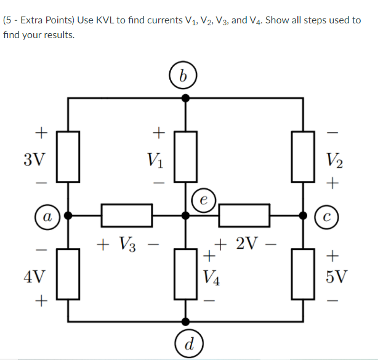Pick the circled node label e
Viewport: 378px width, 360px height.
tap(204, 200)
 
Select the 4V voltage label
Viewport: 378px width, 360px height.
tap(34, 274)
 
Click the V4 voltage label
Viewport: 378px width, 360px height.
tap(211, 274)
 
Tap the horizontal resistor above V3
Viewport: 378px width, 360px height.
tap(126, 215)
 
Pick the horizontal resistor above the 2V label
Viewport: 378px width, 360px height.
tap(244, 215)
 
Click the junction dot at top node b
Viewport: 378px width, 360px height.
tap(186, 97)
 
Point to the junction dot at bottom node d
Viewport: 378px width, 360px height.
tap(186, 321)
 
